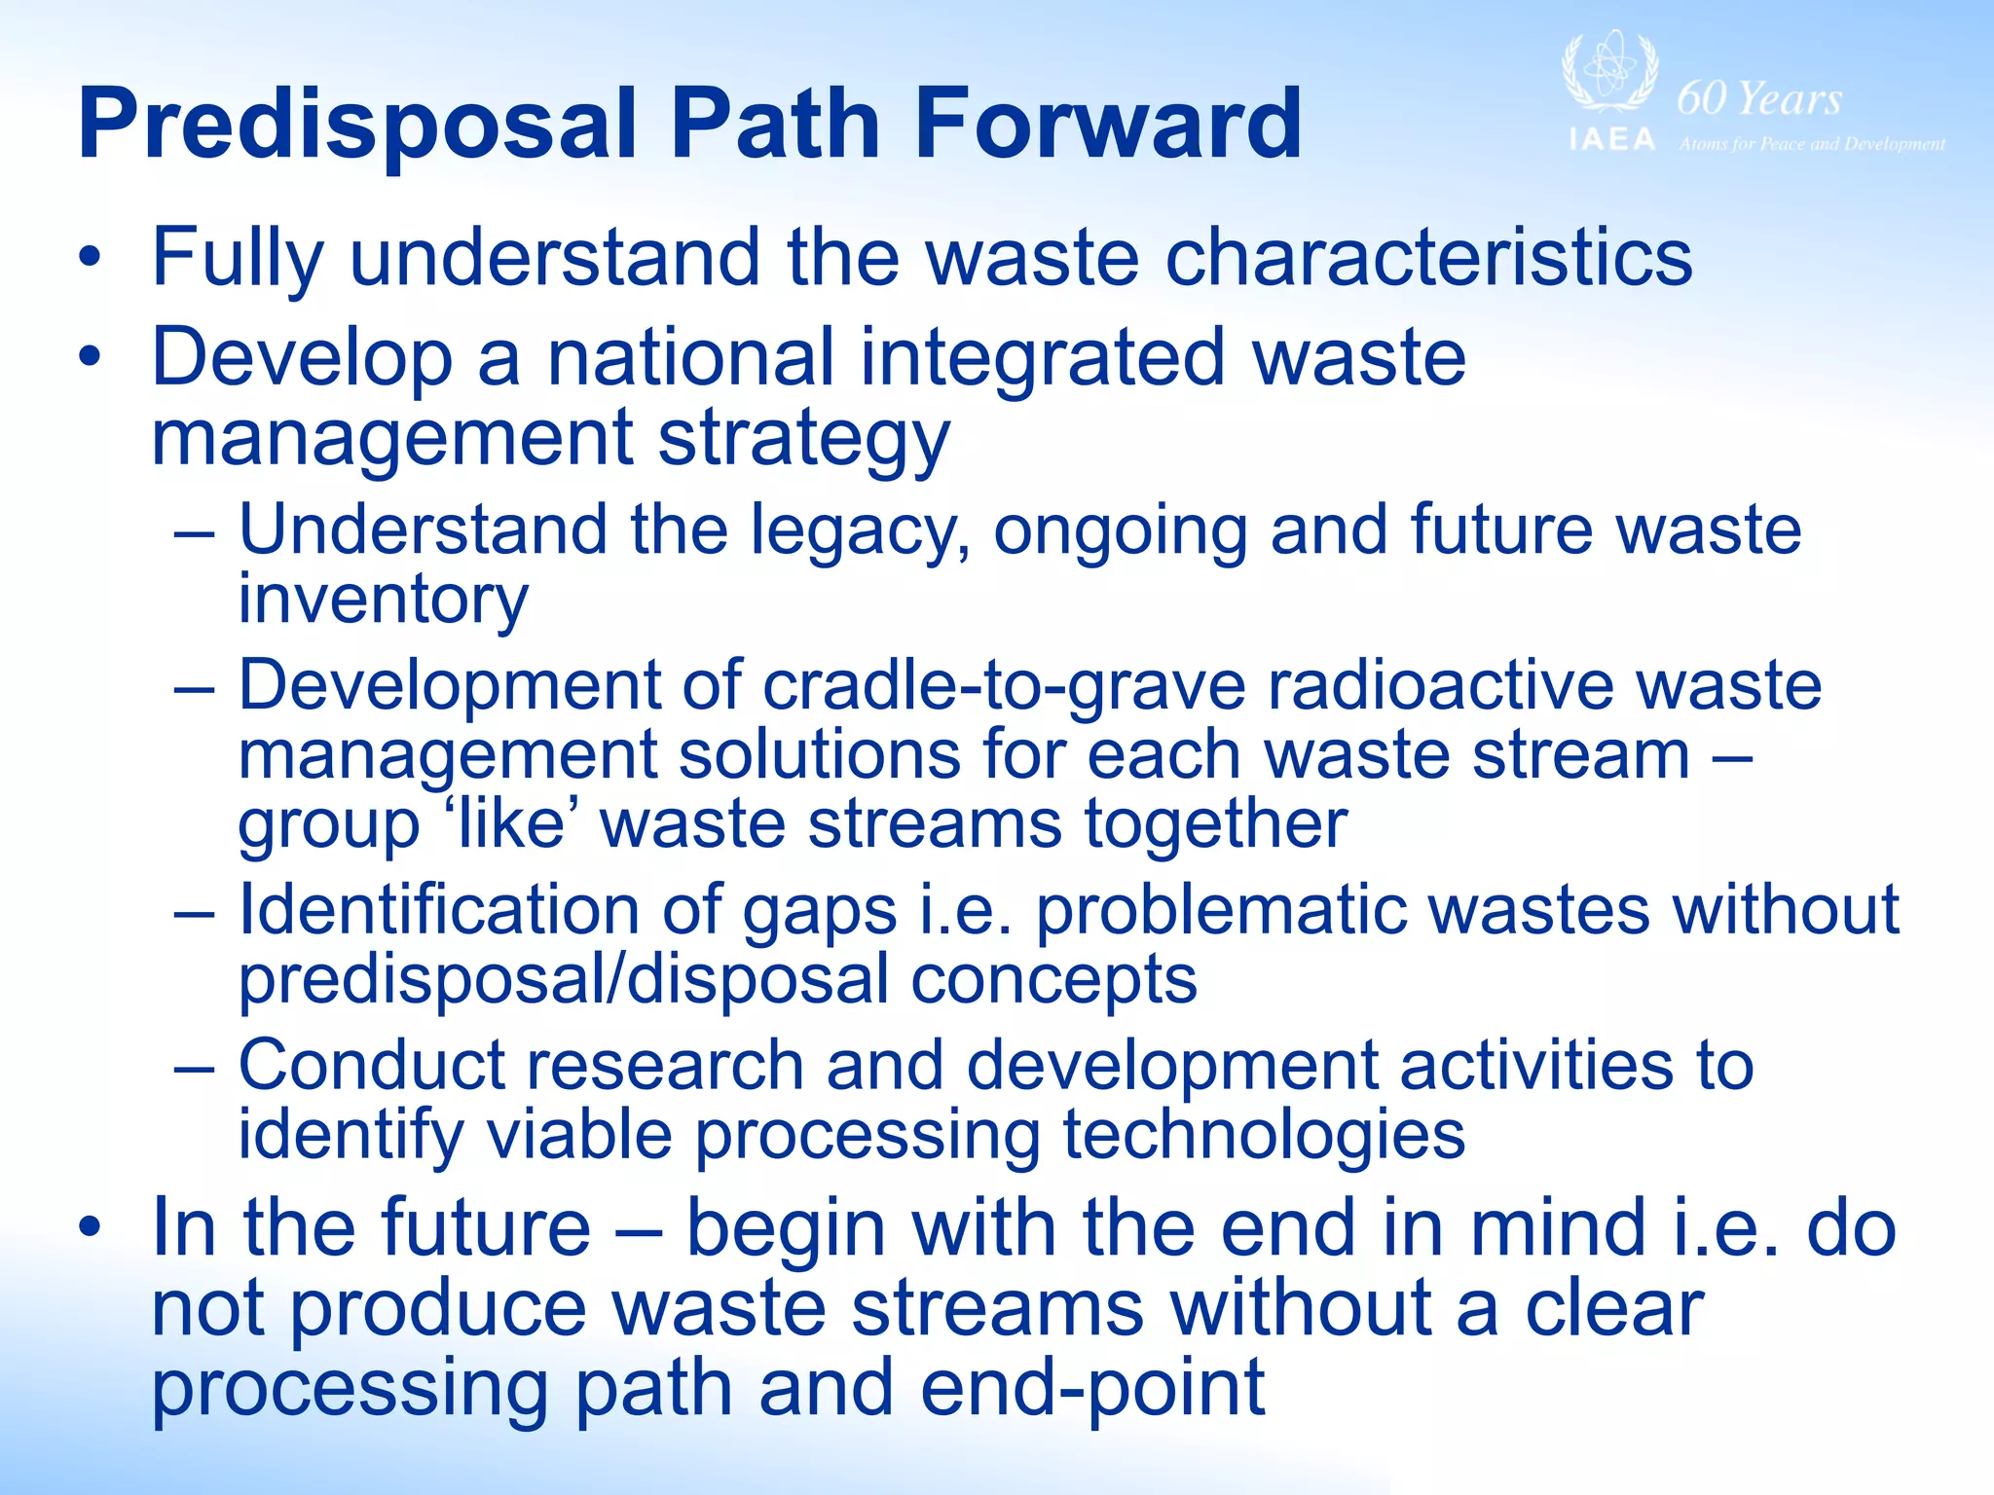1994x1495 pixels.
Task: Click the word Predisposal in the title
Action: pyautogui.click(x=357, y=125)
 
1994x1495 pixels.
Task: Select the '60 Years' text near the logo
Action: pyautogui.click(x=1759, y=98)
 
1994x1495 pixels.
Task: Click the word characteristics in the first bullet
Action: pyautogui.click(x=1428, y=257)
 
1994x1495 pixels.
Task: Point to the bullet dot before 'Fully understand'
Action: pyautogui.click(x=90, y=258)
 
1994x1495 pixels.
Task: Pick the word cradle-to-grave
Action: pyautogui.click(x=1004, y=687)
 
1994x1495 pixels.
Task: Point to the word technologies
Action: pyautogui.click(x=1263, y=1134)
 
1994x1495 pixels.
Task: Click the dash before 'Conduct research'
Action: pyautogui.click(x=194, y=1067)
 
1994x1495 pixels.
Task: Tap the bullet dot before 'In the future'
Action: pyautogui.click(x=90, y=1228)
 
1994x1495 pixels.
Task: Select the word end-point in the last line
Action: pyautogui.click(x=1091, y=1388)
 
